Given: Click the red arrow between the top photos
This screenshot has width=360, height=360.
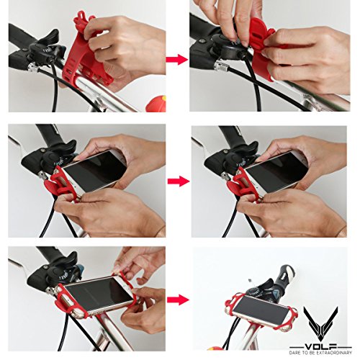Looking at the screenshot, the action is [176, 60].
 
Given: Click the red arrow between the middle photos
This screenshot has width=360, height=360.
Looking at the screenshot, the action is [179, 181].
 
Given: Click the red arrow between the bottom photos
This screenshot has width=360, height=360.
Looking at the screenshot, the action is [178, 300].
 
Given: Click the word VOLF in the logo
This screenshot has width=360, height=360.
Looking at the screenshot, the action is [320, 346].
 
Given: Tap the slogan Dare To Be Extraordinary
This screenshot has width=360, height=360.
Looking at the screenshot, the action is [320, 353].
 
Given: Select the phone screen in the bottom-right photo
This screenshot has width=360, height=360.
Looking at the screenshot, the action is [262, 310].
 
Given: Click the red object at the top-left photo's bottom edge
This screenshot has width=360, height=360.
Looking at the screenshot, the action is [157, 104].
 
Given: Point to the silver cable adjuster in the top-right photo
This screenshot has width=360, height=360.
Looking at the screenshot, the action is [221, 66].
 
